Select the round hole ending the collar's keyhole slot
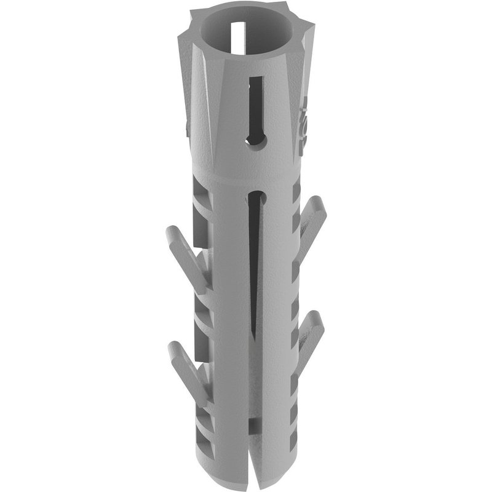(253, 141)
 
